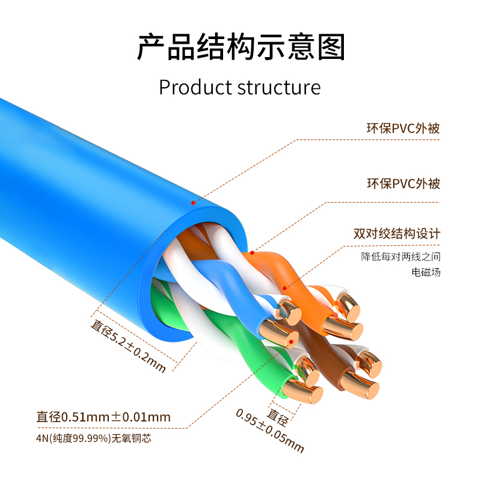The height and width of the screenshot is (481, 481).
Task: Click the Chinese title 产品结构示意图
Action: click(240, 47)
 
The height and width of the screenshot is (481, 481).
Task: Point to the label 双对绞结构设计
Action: click(397, 234)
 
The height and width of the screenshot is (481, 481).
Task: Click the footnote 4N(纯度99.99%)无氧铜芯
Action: click(93, 438)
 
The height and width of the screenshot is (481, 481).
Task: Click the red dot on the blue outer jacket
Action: click(192, 203)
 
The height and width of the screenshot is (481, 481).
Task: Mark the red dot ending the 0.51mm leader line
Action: click(291, 342)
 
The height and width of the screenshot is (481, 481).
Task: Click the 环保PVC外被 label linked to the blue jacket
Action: click(403, 128)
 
